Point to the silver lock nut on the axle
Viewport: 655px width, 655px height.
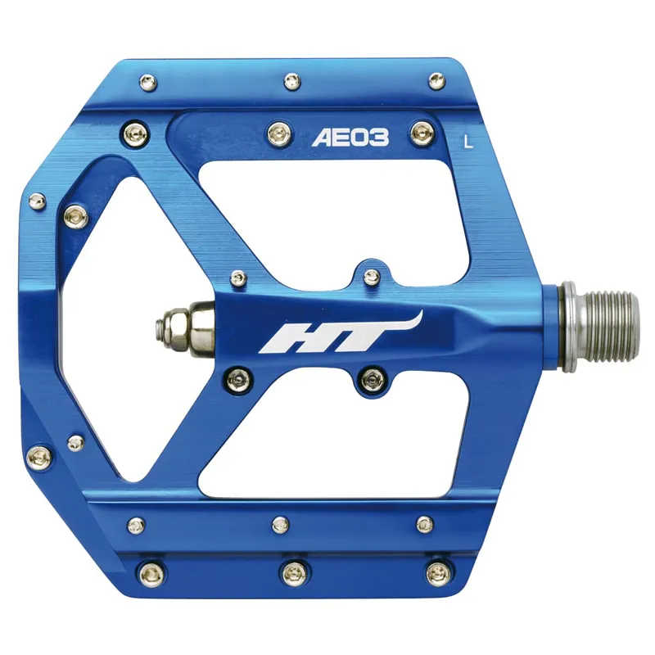coord(174,325)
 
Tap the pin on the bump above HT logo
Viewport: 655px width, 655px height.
coord(371,275)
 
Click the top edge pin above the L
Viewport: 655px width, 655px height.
coord(435,80)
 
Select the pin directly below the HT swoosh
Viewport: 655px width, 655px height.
coord(371,377)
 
